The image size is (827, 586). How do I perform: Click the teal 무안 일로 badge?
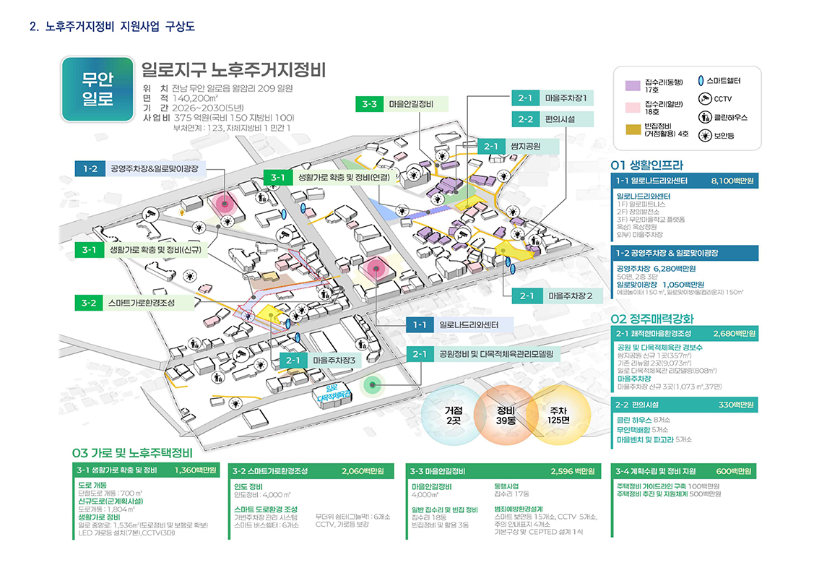point(98,89)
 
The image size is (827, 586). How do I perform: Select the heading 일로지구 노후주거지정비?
point(234,71)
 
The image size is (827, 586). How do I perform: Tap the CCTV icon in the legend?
point(705,99)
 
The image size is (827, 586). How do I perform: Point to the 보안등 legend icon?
point(705,135)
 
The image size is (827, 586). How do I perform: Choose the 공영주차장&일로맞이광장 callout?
point(157,169)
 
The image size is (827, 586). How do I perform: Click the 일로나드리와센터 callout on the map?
point(475,324)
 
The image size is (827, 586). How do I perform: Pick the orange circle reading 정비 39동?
point(506,415)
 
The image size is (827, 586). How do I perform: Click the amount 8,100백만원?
point(732,181)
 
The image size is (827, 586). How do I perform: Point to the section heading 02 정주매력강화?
point(652,319)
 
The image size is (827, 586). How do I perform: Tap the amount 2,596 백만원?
point(572,471)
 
